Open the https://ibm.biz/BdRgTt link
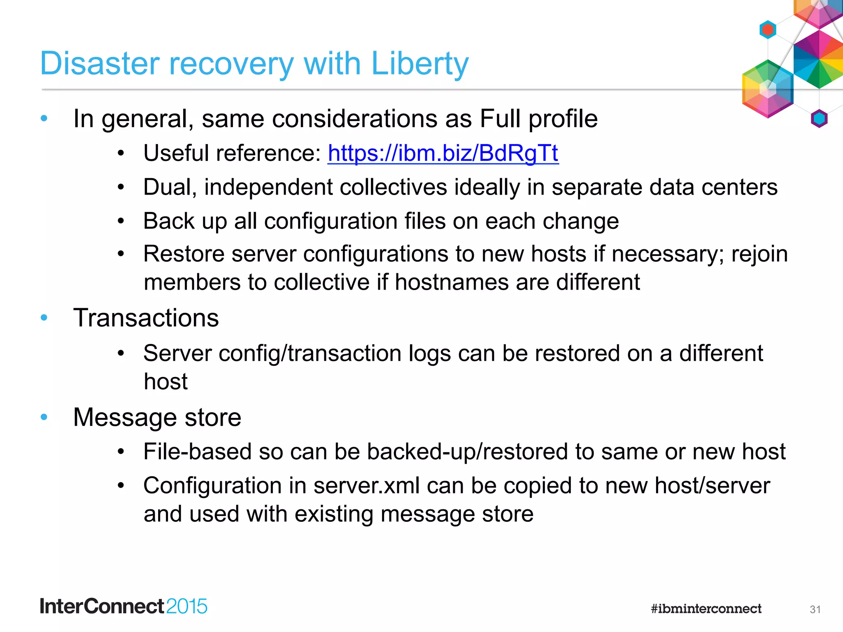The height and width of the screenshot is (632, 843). [443, 153]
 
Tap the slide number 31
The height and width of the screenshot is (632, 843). [815, 609]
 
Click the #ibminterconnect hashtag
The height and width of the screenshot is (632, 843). [706, 609]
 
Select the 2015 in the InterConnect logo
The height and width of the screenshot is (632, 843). [187, 606]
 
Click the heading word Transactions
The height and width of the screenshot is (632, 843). [146, 318]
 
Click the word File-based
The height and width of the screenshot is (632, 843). [197, 452]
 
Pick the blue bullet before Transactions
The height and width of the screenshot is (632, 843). [44, 318]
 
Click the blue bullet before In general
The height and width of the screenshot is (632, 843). [44, 119]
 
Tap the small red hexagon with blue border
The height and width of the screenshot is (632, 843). [768, 30]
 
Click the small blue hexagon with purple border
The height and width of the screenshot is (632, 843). [819, 118]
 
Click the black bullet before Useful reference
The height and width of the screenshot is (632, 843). [121, 153]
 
